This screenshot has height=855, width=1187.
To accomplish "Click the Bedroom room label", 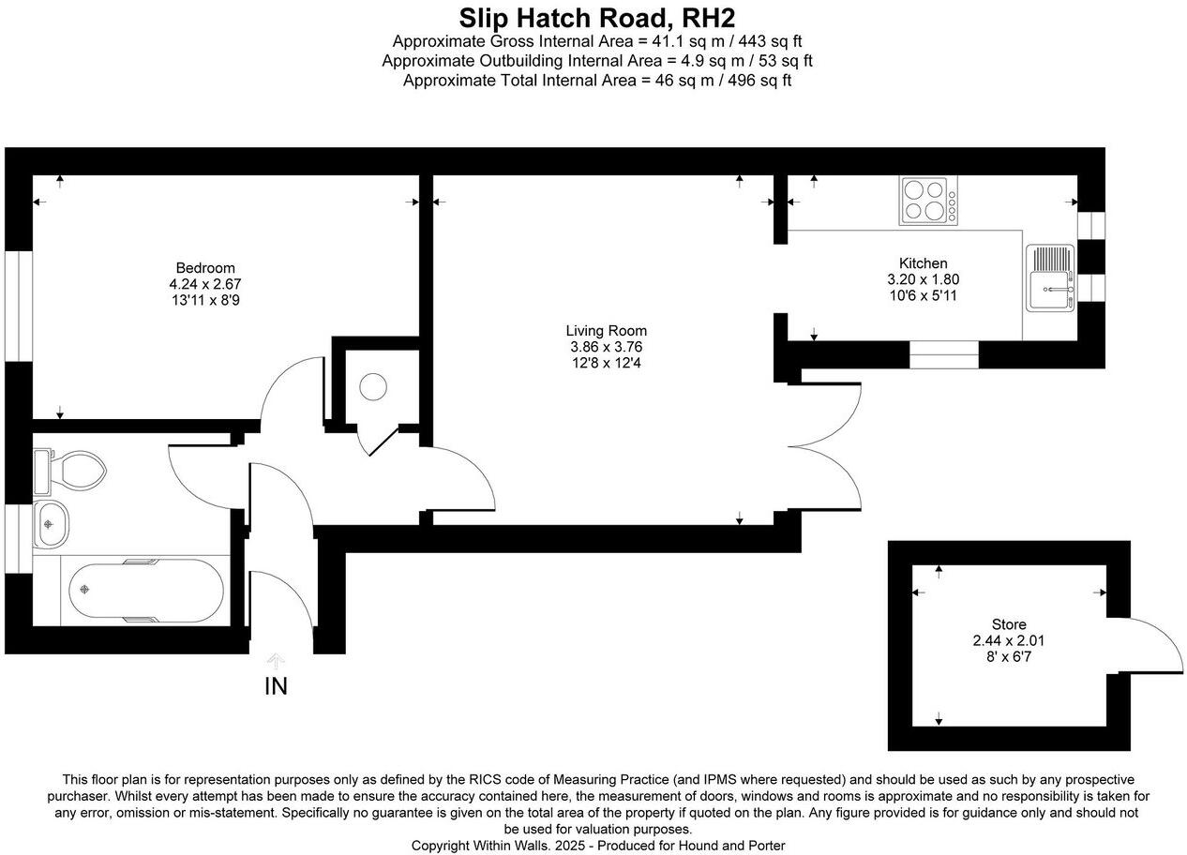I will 205,268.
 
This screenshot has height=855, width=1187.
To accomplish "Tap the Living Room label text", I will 606,331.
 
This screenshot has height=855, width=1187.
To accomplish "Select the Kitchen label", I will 923,263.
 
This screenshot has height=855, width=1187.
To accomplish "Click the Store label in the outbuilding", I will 1009,624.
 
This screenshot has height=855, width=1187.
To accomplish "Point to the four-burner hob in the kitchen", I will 928,201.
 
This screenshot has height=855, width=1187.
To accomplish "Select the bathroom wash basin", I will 50,524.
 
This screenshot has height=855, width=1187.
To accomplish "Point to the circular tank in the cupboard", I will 373,386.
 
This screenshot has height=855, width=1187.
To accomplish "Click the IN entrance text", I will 276,687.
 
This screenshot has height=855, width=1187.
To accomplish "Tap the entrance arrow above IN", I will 276,660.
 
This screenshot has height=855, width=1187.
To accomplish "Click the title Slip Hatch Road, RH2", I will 596,18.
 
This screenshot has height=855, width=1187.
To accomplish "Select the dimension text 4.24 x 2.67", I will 205,283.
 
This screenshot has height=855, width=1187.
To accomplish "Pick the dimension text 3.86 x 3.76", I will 606,346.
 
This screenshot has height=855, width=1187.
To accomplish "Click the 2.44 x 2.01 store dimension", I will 1009,641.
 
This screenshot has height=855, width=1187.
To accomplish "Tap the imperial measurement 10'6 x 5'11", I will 923,295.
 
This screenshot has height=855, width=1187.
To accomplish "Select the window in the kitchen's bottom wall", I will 943,354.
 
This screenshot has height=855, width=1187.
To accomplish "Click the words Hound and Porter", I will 734,846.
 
